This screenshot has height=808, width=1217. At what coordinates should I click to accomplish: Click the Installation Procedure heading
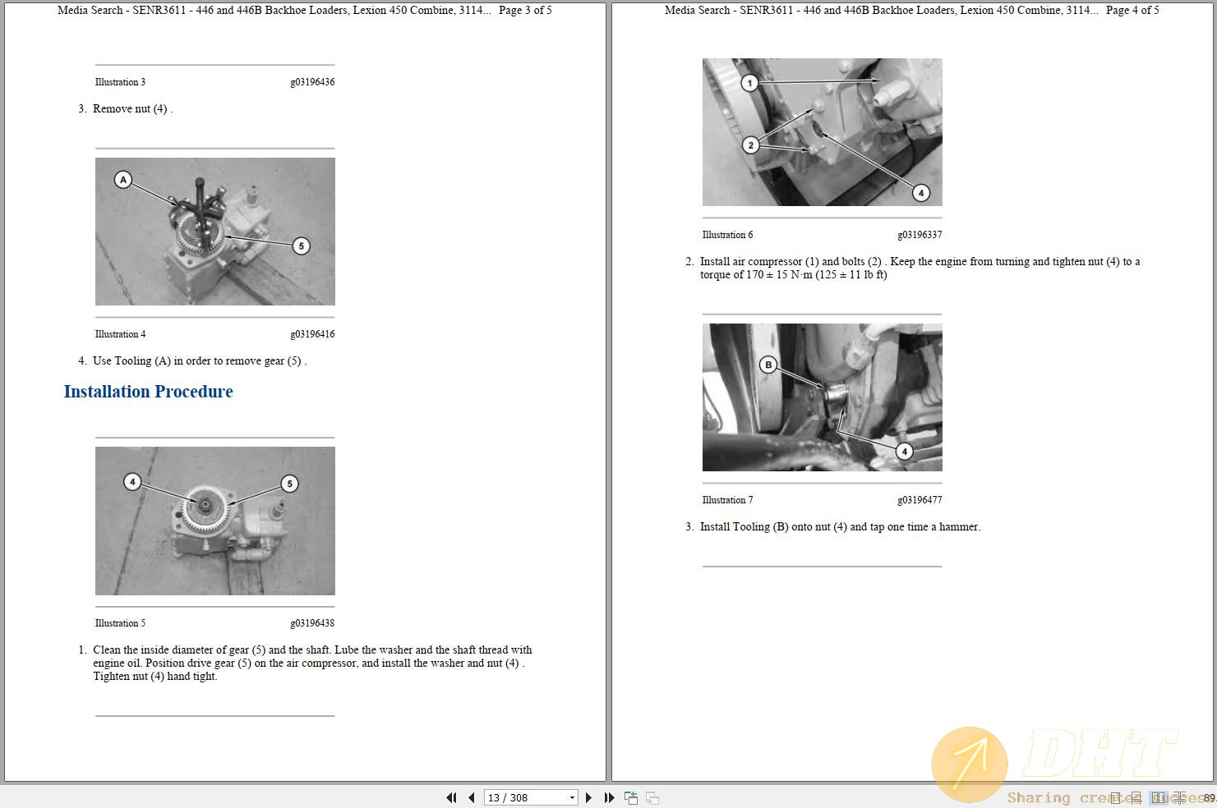tap(148, 392)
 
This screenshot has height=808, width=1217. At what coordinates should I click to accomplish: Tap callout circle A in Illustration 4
tap(123, 180)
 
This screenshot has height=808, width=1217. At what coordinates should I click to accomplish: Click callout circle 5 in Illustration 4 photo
tap(302, 246)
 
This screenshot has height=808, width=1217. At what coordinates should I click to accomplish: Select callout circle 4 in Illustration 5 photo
tap(132, 482)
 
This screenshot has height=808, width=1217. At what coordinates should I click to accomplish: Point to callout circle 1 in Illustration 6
tap(749, 83)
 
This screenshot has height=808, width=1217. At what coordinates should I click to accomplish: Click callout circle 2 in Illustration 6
tap(750, 145)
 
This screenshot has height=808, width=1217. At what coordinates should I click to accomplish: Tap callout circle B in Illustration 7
tap(768, 365)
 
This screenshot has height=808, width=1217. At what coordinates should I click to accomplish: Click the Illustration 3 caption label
tap(120, 82)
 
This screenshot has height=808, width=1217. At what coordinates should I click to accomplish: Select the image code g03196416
tap(312, 334)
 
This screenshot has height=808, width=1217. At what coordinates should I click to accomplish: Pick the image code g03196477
tap(920, 500)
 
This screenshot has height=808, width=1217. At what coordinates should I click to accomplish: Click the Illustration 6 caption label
tap(727, 235)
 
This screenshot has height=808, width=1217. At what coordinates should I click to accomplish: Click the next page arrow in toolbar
tap(588, 797)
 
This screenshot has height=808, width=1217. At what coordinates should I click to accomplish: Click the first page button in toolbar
tap(451, 797)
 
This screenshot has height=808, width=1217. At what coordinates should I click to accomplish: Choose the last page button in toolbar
tap(609, 797)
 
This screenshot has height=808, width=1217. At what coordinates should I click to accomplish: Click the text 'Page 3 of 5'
tap(525, 11)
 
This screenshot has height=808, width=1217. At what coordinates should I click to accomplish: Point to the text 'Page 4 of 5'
tap(1132, 11)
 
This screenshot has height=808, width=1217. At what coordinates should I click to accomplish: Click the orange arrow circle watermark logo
tap(970, 764)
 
